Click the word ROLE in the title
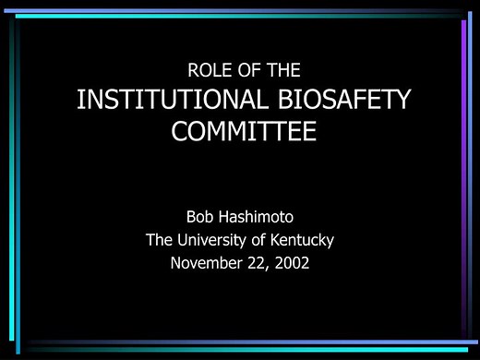[208, 69]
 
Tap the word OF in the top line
[244, 69]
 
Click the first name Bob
[201, 218]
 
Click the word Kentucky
[303, 240]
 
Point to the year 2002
[292, 263]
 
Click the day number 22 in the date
[256, 263]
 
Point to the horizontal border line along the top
[240, 15]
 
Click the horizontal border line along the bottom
[240, 344]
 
